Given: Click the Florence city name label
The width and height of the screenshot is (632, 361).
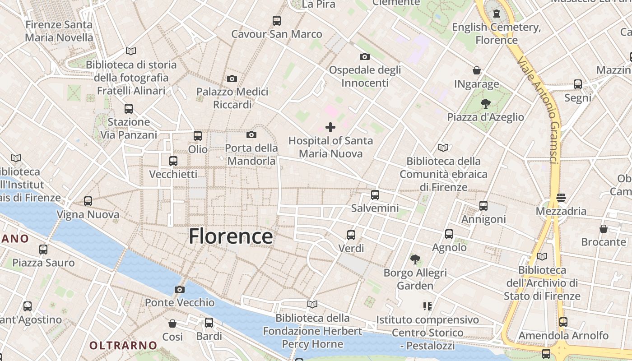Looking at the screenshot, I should coord(231,236).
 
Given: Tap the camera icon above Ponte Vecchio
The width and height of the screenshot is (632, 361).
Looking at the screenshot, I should coord(180,289).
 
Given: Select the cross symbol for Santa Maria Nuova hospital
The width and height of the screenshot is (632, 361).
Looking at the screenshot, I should coord(330,127).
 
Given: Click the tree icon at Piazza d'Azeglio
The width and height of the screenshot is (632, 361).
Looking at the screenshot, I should coord(486,104).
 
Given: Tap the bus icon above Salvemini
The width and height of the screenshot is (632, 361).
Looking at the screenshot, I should coord(375,195).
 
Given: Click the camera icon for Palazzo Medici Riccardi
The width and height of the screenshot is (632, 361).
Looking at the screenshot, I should coord(232,79).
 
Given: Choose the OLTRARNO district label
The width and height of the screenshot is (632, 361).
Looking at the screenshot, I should coord(123,346).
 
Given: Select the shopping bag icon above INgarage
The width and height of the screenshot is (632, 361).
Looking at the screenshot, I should coord(477,70).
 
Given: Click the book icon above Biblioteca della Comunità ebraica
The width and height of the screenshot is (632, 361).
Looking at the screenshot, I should coord(443,148).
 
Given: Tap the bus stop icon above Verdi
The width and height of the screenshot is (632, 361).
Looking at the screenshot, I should coord(351,235).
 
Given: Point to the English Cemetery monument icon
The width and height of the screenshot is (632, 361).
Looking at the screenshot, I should coord(497,14).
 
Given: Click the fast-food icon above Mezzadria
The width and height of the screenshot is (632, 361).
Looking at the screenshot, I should coord(561,197).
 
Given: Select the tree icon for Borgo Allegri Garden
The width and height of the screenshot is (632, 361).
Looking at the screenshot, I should coord(415,259).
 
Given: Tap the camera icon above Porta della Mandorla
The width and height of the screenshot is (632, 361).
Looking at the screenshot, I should coord(251,134).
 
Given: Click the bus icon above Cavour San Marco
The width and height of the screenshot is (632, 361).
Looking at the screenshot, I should coord(277,20).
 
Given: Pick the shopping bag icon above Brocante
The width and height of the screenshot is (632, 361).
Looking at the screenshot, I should coord(604,229).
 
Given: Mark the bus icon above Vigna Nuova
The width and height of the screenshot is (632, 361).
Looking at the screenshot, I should coord(88,201).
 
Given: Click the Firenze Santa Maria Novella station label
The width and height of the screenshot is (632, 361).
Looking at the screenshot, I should coord(59,31).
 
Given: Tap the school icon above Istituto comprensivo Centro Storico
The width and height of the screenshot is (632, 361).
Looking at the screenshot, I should coord(428,306).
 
